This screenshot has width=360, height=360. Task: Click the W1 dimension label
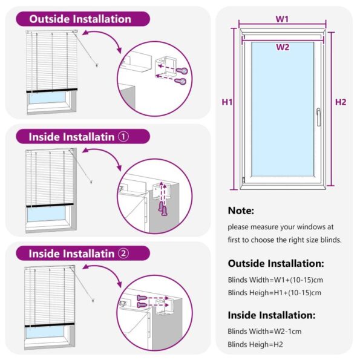click(282, 19)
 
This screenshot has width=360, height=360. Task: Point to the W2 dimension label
click(283, 47)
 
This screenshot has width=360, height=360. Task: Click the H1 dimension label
click(227, 102)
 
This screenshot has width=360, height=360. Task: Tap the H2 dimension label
click(341, 102)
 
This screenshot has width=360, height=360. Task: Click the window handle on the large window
click(318, 116)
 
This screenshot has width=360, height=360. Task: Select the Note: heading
click(241, 211)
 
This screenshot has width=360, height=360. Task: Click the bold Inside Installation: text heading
click(271, 315)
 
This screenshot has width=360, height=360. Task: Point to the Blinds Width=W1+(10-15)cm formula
click(274, 280)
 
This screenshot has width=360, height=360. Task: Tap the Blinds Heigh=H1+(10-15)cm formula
click(274, 293)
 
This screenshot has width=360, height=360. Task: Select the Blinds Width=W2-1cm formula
click(264, 332)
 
